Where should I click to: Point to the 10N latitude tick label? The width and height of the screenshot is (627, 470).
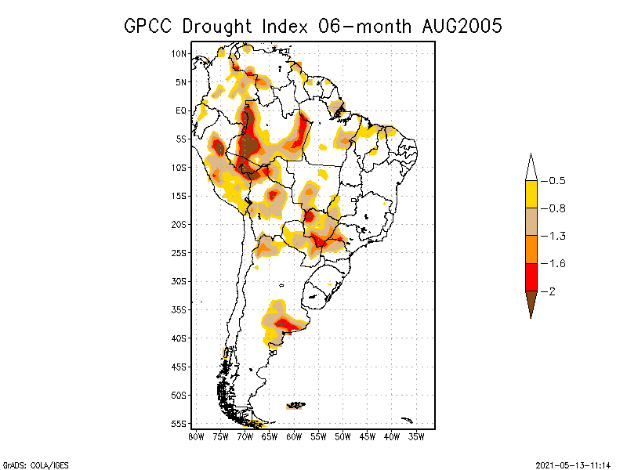coord(179,53)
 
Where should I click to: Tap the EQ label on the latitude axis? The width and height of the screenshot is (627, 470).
coord(181,110)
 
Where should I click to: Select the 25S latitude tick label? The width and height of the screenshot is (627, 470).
coord(179,252)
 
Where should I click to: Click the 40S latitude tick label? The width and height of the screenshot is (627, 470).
coord(179,338)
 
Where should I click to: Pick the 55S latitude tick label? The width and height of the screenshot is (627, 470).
coord(179,423)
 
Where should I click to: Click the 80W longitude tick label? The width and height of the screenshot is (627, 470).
coord(196,436)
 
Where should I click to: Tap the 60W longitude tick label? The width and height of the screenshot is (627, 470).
coord(294,436)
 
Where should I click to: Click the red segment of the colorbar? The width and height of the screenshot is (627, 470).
coord(531,277)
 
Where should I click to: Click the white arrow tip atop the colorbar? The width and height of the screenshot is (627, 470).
coord(531,168)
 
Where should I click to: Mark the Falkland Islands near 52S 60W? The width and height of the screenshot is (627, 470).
coord(296,405)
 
